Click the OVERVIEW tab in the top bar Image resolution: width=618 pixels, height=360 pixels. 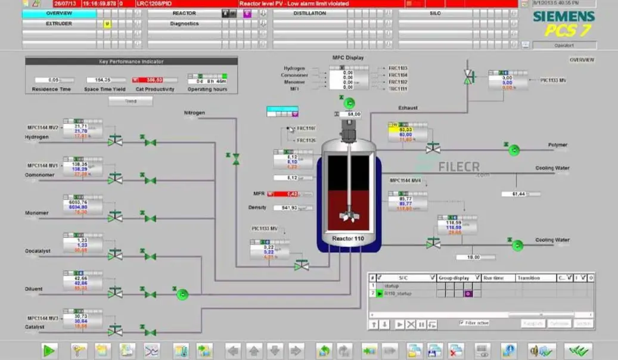[59, 13]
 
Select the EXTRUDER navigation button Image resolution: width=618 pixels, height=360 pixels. [59, 24]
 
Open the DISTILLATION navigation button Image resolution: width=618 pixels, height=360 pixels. [309, 13]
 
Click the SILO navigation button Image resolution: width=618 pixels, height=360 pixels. [434, 13]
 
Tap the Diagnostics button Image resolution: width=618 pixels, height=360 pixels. [184, 24]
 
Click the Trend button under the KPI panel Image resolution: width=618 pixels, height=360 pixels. [131, 101]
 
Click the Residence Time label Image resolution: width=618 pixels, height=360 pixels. [51, 89]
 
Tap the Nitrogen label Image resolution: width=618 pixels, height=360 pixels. [194, 113]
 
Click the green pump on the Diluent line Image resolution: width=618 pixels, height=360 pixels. [182, 294]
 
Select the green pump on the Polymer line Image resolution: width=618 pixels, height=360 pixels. [513, 150]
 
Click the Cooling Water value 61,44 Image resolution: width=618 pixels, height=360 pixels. [514, 194]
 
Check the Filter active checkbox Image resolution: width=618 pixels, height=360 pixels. [462, 322]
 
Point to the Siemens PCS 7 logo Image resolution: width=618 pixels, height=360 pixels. [563, 24]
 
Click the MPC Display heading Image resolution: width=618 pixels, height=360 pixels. [348, 58]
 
